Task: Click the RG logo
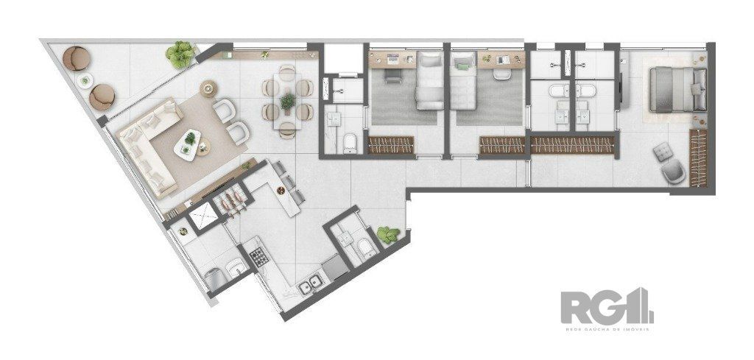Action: pyautogui.click(x=605, y=306)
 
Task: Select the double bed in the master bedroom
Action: pyautogui.click(x=676, y=88)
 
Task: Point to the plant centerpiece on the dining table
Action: pyautogui.click(x=287, y=102)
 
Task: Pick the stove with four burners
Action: pyautogui.click(x=259, y=257)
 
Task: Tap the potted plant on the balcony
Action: pyautogui.click(x=180, y=53)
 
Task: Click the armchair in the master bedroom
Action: pyautogui.click(x=673, y=173)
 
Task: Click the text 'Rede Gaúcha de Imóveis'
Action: pyautogui.click(x=605, y=328)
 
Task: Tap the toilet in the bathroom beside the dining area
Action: pyautogui.click(x=350, y=142)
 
